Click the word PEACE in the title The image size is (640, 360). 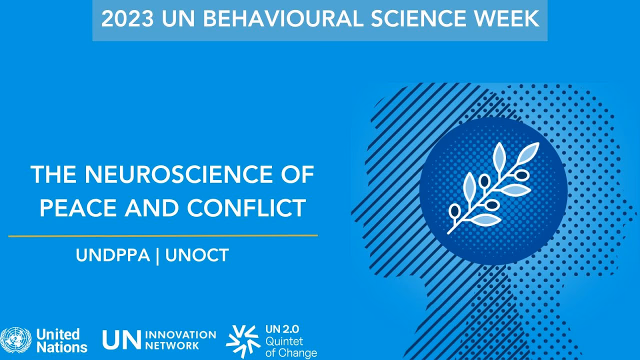pos(78,208)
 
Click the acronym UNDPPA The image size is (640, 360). pos(113,255)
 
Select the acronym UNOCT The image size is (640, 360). pos(196,255)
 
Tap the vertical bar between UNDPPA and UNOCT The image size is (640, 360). pos(157,255)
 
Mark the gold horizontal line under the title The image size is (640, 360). pos(163,235)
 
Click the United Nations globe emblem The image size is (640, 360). pos(16,340)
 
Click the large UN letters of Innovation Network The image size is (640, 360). pos(121,340)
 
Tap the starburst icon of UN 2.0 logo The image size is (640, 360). pos(243,341)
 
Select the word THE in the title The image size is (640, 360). pos(54,174)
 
